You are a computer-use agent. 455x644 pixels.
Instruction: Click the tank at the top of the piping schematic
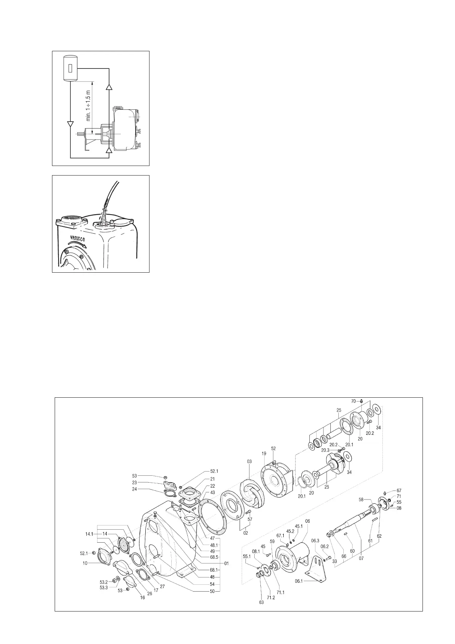[70, 68]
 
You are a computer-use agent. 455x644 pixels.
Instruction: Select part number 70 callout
[354, 401]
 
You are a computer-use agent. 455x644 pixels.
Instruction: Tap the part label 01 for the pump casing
[226, 563]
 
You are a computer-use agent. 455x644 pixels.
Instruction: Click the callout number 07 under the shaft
[361, 558]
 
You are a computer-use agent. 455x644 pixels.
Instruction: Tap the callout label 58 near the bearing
[361, 499]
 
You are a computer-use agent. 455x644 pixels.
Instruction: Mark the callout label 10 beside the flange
[85, 563]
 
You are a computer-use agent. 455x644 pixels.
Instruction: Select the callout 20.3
[325, 450]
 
